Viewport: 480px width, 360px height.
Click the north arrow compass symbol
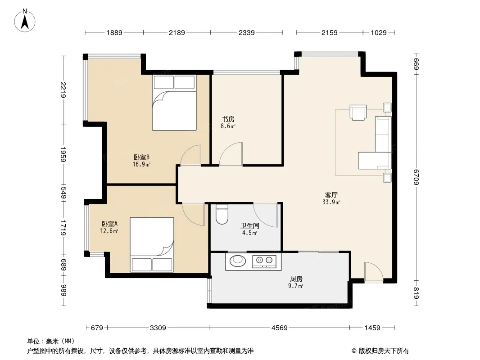click(x=25, y=21)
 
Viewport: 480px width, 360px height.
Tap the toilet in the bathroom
click(x=222, y=214)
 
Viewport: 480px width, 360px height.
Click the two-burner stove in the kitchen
click(x=264, y=261)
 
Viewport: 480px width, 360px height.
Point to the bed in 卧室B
click(x=174, y=103)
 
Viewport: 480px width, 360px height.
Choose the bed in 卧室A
click(x=152, y=244)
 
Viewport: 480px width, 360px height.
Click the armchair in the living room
click(x=358, y=112)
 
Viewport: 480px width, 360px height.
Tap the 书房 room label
click(x=228, y=119)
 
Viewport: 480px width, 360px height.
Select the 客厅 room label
click(x=331, y=195)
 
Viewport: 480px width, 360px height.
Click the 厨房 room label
click(x=296, y=279)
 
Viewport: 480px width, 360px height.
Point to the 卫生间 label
click(x=250, y=226)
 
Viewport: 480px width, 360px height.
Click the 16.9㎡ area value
click(x=141, y=165)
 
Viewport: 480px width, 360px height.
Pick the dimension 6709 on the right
click(x=416, y=177)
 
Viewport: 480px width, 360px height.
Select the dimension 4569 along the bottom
click(x=280, y=328)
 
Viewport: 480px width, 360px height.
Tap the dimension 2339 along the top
click(x=246, y=32)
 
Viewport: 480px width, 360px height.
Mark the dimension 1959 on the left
click(x=63, y=154)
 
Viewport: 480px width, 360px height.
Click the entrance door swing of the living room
click(x=374, y=272)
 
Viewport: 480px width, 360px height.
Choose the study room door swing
click(x=231, y=154)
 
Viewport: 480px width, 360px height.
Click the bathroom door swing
click(x=265, y=215)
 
